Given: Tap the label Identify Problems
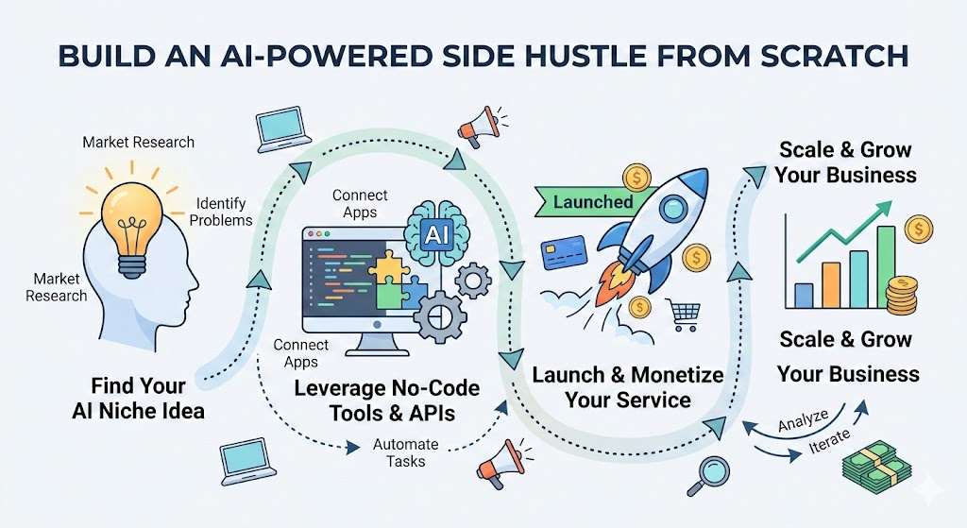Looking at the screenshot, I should pyautogui.click(x=221, y=212).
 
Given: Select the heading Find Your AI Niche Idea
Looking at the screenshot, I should pyautogui.click(x=138, y=398).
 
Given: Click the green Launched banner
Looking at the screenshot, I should pyautogui.click(x=593, y=201).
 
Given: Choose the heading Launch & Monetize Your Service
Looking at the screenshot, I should pyautogui.click(x=627, y=386).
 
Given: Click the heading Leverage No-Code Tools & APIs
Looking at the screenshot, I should pyautogui.click(x=386, y=400).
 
